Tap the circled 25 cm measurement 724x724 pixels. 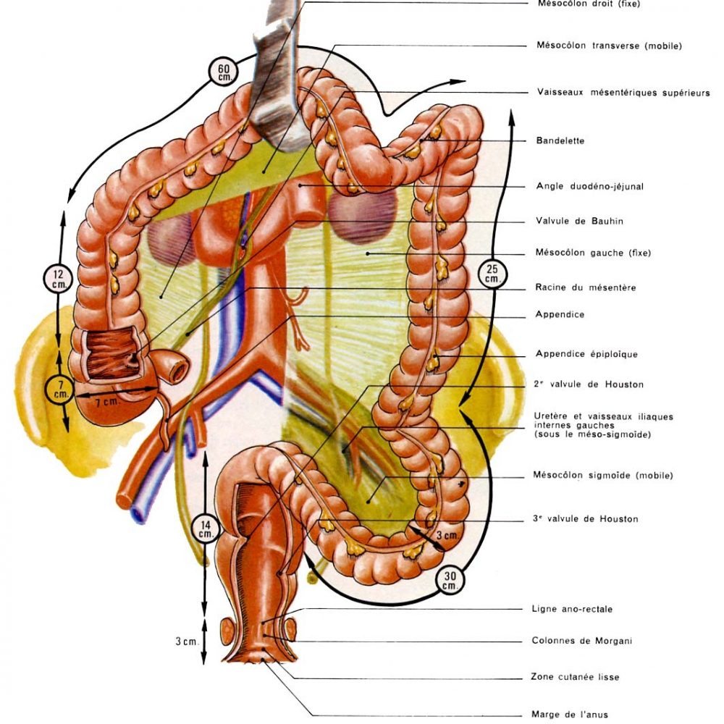[492, 274]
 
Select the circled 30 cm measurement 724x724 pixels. [450, 581]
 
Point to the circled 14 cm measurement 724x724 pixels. [206, 530]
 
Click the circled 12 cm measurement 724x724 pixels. [58, 279]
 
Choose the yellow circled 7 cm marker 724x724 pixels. [60, 390]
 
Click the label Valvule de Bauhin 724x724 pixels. [579, 221]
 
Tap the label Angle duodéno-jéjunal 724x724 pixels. [589, 187]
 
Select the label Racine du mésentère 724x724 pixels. [586, 287]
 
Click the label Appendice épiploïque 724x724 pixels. [586, 354]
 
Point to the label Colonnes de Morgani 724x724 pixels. [582, 641]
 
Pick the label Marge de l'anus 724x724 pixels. [570, 715]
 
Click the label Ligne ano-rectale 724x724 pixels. [572, 609]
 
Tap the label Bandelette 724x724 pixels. [560, 140]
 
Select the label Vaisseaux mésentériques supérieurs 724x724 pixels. [623, 93]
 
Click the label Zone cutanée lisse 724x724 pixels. [575, 677]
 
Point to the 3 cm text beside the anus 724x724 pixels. [187, 641]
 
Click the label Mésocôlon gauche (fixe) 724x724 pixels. [593, 253]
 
